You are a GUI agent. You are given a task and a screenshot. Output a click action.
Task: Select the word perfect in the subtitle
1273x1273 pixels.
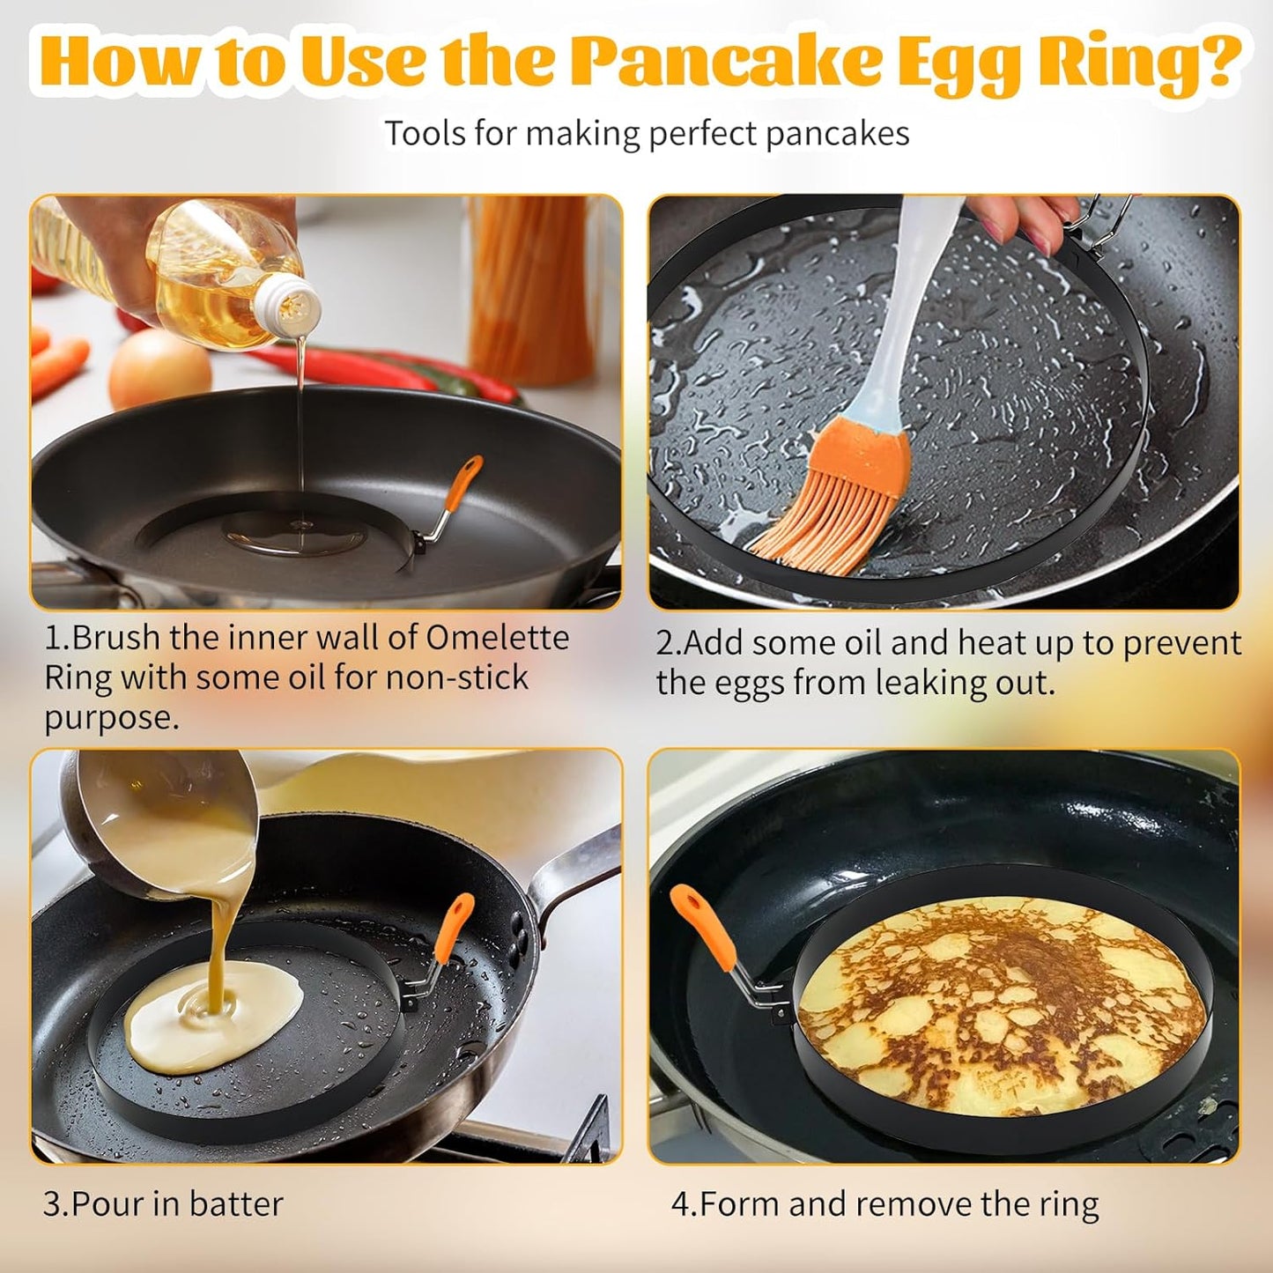(x=701, y=134)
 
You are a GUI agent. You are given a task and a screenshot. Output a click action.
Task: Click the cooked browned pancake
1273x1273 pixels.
(x=1000, y=1009)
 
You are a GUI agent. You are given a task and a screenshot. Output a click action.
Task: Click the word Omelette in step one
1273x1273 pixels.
(x=497, y=638)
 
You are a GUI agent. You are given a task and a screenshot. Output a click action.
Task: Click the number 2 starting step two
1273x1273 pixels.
(x=665, y=643)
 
